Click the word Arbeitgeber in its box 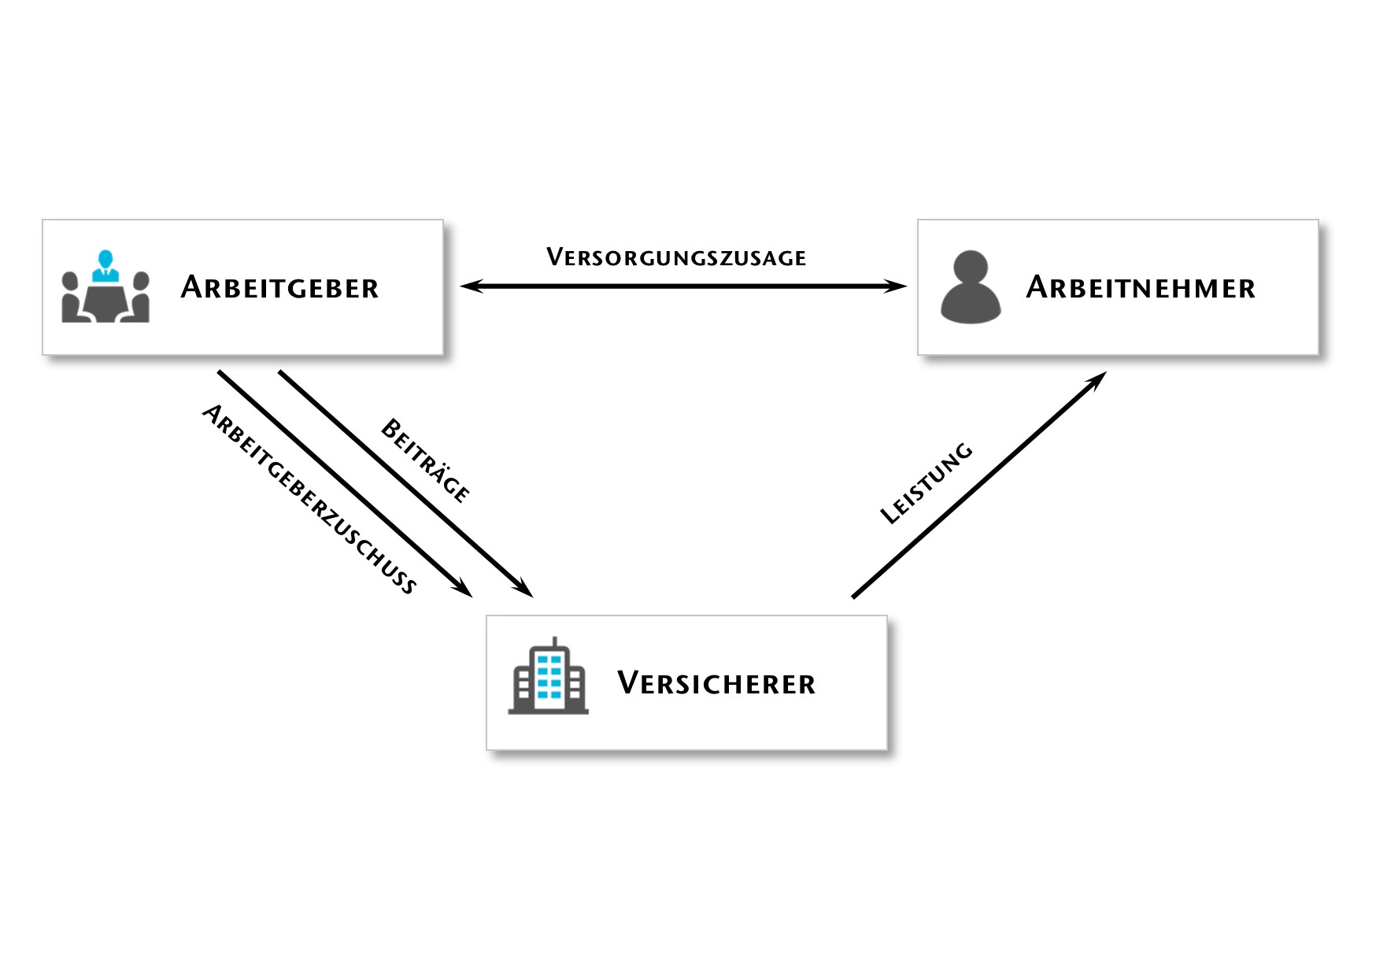coord(279,287)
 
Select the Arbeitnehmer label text coord(1141,287)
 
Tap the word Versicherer coord(716,683)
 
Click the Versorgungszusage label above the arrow coord(676,257)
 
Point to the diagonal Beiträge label coord(426,460)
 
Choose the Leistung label coord(927,483)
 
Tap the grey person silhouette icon coord(971,287)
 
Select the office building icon coord(548,675)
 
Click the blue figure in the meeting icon coord(105,265)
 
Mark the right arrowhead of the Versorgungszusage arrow coord(896,287)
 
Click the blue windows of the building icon coord(549,677)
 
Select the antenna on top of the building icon coord(555,641)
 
